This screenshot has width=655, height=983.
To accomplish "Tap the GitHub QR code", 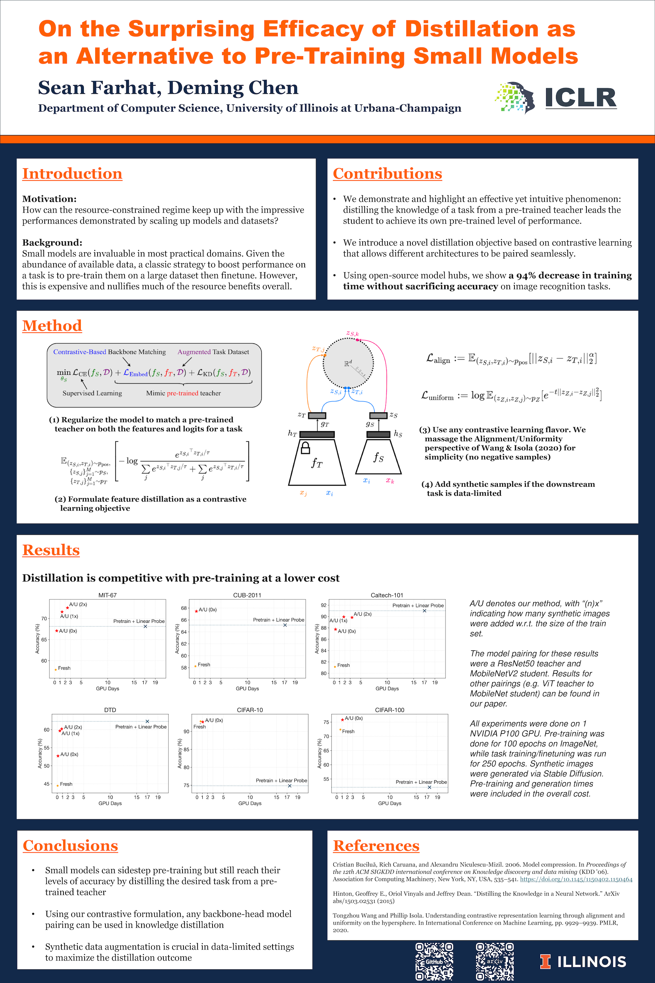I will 434,961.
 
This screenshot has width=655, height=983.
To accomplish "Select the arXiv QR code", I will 495,961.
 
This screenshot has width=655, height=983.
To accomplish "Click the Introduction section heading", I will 72,173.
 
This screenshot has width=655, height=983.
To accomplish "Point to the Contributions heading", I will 387,173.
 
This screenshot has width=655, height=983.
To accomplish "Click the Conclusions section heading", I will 70,845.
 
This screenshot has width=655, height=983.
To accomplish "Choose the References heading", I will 376,845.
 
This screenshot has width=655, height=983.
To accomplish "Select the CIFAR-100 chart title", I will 389,710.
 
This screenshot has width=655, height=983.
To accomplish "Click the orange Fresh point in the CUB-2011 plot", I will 195,666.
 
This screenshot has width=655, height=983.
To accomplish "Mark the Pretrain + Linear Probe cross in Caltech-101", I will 424,611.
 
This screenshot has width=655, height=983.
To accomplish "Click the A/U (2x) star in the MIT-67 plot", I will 67,608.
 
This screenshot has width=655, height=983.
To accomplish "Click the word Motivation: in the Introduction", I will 49,199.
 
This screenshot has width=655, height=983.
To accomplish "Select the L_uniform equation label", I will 437,396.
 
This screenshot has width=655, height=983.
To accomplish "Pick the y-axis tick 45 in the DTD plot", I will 46,784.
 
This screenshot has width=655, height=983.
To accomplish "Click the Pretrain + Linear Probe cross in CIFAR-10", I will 290,786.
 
